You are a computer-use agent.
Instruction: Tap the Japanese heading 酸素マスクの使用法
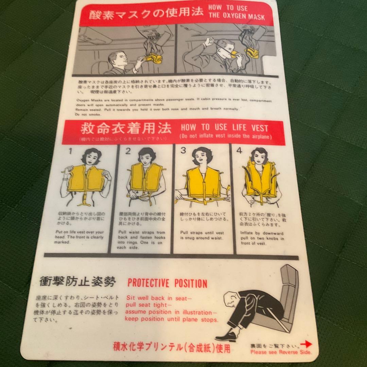pyautogui.click(x=146, y=14)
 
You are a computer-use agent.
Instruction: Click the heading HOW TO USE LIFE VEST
pyautogui.click(x=224, y=128)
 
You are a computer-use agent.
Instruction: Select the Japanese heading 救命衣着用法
pyautogui.click(x=126, y=129)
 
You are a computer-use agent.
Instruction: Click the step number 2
pyautogui.click(x=128, y=151)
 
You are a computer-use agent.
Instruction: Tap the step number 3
pyautogui.click(x=183, y=151)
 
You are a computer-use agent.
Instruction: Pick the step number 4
pyautogui.click(x=239, y=151)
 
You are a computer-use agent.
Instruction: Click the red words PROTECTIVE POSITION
pyautogui.click(x=167, y=283)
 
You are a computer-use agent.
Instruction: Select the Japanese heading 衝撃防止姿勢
pyautogui.click(x=77, y=281)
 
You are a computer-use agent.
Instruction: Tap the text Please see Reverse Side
pyautogui.click(x=281, y=352)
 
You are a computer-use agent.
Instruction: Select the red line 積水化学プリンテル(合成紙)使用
pyautogui.click(x=172, y=348)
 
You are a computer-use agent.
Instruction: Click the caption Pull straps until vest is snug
pyautogui.click(x=202, y=235)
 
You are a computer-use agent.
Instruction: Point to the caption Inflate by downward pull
pyautogui.click(x=262, y=238)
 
